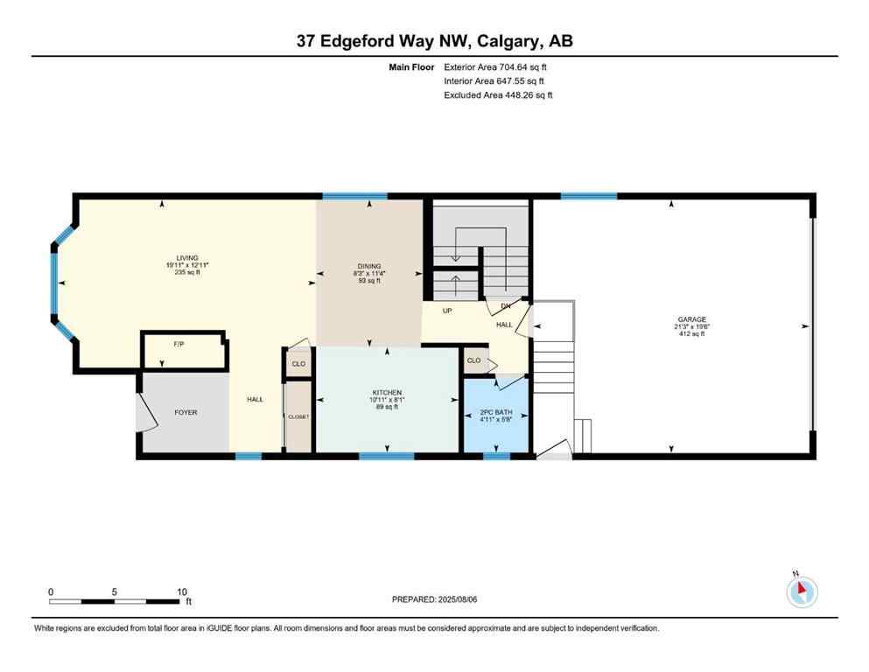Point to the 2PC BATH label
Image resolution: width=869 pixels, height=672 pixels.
(495, 412)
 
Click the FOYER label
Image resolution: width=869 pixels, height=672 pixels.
(186, 412)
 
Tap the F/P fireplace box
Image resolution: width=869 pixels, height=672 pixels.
(179, 344)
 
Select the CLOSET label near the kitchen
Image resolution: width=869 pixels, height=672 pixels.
(298, 416)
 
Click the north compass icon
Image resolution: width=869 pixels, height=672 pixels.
(801, 591)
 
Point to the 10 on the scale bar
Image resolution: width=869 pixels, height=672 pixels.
(181, 591)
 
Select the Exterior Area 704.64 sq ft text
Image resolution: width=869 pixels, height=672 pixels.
(496, 66)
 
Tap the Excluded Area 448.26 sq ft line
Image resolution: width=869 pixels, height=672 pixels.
(498, 94)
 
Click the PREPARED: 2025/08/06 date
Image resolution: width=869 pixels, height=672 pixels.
(435, 599)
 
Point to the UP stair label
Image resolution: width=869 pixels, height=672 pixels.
(447, 311)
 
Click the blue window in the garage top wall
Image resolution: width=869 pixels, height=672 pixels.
(588, 196)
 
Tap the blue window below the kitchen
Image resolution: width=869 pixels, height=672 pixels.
(386, 456)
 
